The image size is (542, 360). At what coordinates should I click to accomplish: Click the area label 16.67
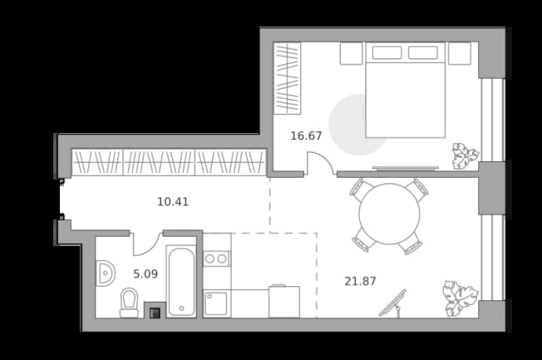coord(306,136)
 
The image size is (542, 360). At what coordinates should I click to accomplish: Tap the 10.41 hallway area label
coord(173,201)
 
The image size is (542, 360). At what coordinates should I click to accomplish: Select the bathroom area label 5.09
coord(145,274)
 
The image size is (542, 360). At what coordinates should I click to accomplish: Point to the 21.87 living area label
coord(360,281)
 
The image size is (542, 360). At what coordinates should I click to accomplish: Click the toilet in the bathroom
coord(129,303)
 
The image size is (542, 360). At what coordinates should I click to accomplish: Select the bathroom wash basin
coord(105,274)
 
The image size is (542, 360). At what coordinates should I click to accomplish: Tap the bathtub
coord(181,281)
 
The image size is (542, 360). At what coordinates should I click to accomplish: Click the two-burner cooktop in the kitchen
coord(216,259)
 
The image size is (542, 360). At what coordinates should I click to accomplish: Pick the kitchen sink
coord(216,303)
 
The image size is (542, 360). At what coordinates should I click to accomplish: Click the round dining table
coord(389,214)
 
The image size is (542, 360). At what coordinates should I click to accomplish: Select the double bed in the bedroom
coord(406,90)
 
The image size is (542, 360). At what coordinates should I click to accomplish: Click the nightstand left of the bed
coord(351,53)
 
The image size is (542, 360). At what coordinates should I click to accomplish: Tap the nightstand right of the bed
coord(460,53)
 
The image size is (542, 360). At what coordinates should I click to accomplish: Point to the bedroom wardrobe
coord(288,78)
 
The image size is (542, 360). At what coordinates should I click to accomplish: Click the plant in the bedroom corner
coord(466,156)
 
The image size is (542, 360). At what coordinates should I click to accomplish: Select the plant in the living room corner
coord(461,298)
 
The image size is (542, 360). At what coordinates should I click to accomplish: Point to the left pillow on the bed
coord(387,53)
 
